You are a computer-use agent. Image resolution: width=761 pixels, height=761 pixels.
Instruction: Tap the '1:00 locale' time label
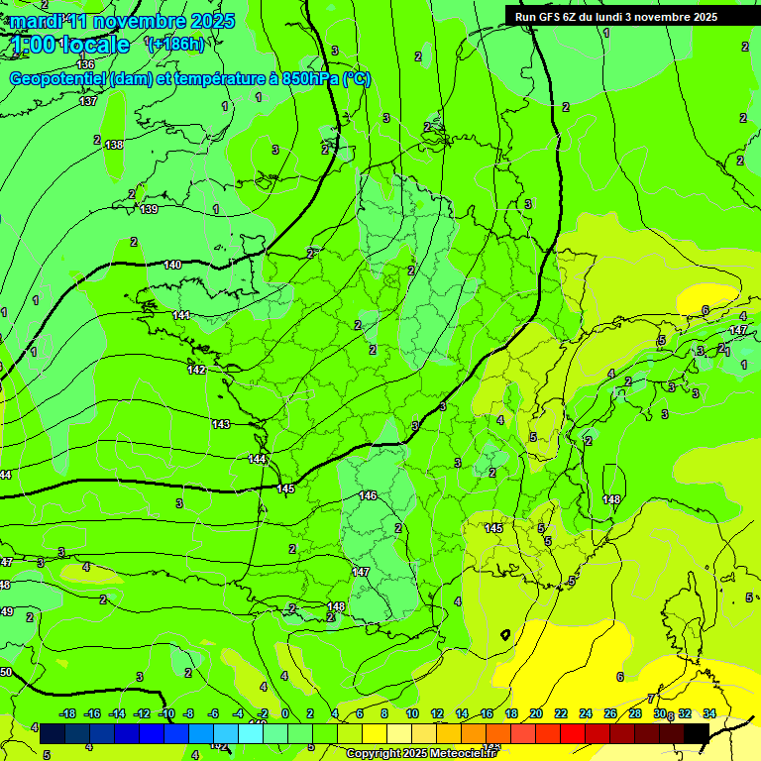tap(71, 45)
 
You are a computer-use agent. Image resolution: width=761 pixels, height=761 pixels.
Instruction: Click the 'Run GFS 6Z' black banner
tap(616, 16)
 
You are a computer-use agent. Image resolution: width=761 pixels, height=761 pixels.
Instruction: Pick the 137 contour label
tap(88, 101)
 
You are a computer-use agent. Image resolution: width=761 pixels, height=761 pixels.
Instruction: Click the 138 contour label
tap(114, 145)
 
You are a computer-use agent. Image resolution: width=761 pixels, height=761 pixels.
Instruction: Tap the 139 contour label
tap(149, 209)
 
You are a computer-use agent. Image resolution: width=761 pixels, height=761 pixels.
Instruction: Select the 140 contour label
tap(172, 265)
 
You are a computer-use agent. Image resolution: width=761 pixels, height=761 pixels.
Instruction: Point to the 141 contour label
tap(181, 315)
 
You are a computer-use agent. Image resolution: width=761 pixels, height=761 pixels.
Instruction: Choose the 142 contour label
tap(196, 370)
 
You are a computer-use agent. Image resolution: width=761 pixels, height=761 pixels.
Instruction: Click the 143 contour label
tap(221, 424)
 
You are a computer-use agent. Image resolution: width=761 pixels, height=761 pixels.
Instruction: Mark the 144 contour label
tap(258, 460)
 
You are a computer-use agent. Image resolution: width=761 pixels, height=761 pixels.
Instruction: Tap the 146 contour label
tap(368, 495)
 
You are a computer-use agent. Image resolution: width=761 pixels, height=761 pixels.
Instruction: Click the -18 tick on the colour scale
tap(67, 713)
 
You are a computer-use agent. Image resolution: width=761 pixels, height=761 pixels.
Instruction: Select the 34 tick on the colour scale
tap(709, 713)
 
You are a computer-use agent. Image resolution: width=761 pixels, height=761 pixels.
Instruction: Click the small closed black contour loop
tap(505, 633)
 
